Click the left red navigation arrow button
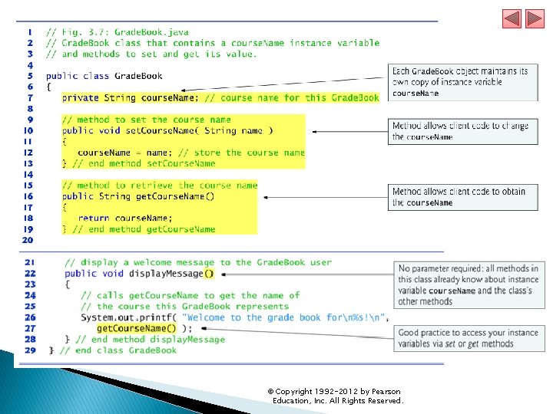coord(512,19)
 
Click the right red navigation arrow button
coord(533,19)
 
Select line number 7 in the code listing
coord(30,97)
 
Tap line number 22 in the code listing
coord(30,274)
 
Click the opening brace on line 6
coord(48,87)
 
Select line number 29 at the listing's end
coord(30,350)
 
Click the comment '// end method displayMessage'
coord(157,340)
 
